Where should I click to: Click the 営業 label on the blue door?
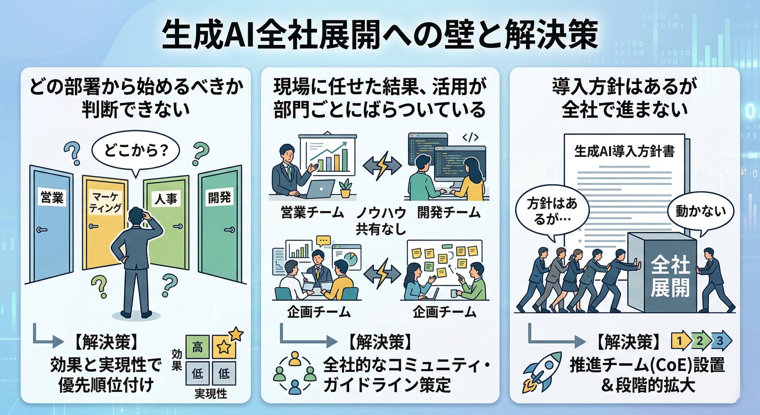(x=52, y=197)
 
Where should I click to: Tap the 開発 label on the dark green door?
(x=219, y=197)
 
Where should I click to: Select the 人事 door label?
(x=166, y=199)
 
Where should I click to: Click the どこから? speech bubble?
(x=135, y=150)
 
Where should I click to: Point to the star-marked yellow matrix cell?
(x=224, y=347)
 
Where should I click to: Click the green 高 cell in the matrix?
(x=198, y=347)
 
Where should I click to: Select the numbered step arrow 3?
(x=720, y=341)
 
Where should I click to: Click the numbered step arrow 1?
(x=680, y=341)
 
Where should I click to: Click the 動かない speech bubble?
(x=700, y=212)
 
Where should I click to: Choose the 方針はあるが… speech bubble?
(x=552, y=211)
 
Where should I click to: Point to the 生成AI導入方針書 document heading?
(x=624, y=151)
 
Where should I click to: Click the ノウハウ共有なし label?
(x=381, y=221)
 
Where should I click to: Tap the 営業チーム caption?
(x=312, y=213)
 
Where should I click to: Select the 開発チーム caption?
(x=449, y=213)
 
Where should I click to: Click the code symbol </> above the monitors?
(x=470, y=137)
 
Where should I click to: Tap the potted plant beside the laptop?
(x=345, y=188)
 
